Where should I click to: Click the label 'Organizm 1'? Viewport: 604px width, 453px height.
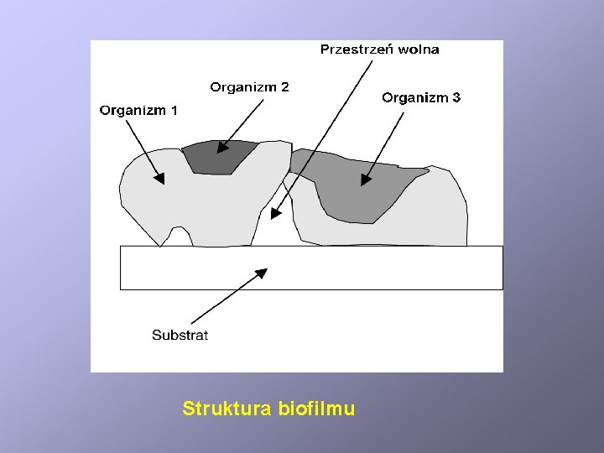[x=138, y=109]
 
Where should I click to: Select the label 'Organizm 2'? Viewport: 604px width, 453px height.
[x=249, y=87]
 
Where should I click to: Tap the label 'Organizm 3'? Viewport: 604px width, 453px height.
[x=421, y=97]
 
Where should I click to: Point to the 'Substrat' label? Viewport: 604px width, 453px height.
[x=180, y=335]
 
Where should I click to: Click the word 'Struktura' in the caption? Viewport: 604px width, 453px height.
[x=224, y=409]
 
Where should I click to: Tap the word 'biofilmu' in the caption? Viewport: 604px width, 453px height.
[x=315, y=409]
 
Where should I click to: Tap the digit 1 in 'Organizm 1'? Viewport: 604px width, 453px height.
[x=174, y=109]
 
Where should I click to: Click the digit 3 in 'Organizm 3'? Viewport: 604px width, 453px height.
[x=456, y=97]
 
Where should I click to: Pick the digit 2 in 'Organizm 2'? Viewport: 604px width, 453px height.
[x=285, y=87]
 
